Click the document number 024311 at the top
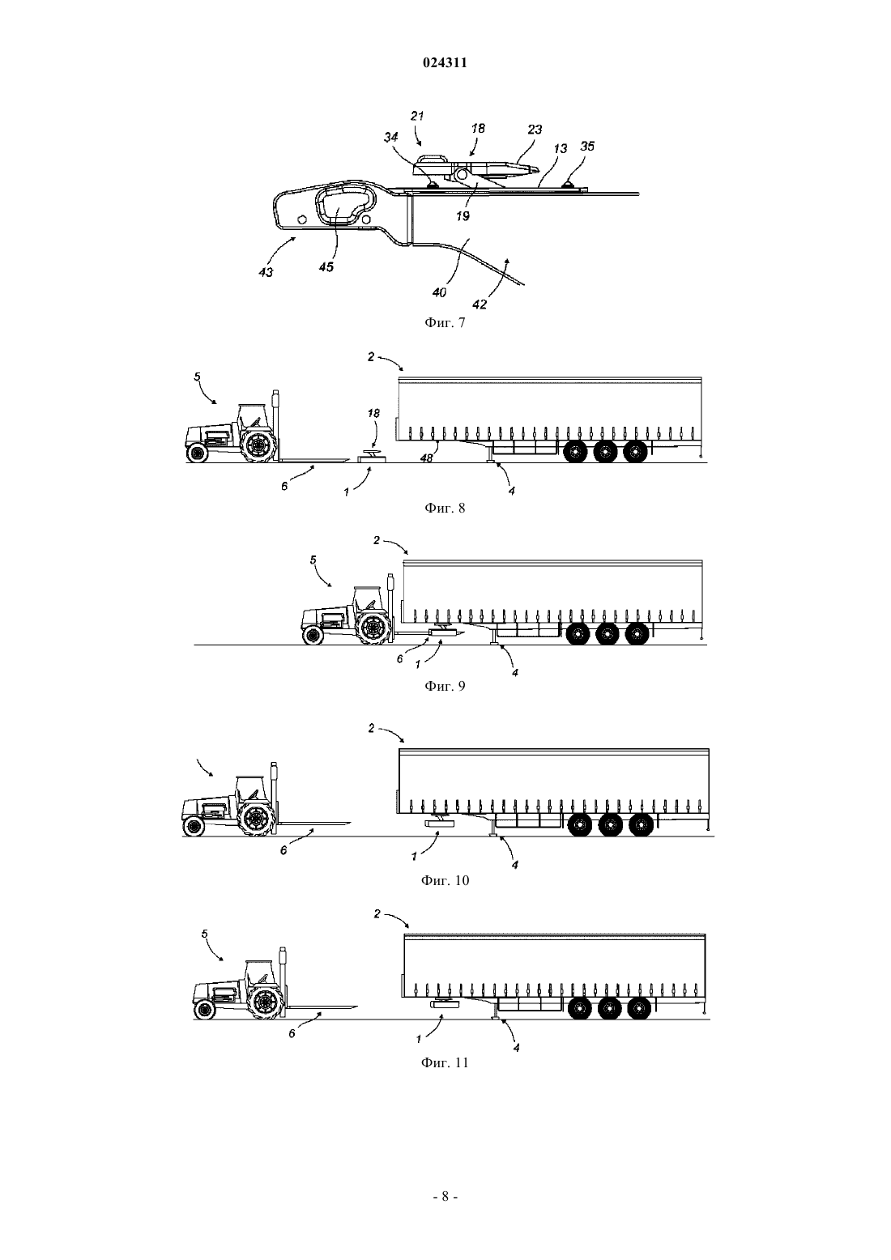[445, 62]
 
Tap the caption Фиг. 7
[445, 322]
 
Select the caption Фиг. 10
[445, 880]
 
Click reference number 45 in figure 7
[326, 266]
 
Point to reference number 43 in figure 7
[266, 272]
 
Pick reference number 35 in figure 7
[587, 147]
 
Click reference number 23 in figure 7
[535, 130]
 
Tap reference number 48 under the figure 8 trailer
[426, 458]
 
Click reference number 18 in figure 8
[373, 414]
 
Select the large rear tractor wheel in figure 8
[258, 445]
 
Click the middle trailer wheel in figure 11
[609, 1009]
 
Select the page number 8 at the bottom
[445, 1197]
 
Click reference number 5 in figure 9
[313, 560]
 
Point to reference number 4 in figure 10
[515, 865]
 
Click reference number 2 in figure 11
[377, 914]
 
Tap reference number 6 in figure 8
[284, 486]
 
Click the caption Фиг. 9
[445, 686]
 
